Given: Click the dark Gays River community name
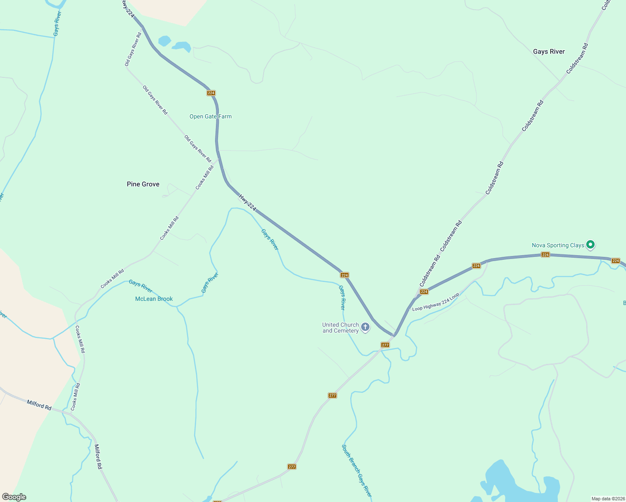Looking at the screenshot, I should (549, 51).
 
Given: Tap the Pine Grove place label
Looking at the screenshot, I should (143, 184).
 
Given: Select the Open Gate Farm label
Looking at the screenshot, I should (210, 117).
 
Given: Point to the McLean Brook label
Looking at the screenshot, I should (154, 299).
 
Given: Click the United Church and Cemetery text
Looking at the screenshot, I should (340, 328).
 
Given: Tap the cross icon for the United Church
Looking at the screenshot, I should (365, 327).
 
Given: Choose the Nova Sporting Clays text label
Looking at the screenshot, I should (558, 245).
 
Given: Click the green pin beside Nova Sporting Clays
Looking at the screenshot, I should (590, 244).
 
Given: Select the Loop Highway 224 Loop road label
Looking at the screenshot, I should (436, 302).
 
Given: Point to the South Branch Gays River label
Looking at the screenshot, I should (357, 471).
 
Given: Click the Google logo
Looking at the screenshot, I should (14, 497).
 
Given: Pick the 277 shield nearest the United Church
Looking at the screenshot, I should (385, 345).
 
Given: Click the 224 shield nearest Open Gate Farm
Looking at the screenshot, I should (211, 93).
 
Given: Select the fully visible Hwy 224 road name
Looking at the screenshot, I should (247, 202).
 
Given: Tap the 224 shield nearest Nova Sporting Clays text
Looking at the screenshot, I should (545, 254).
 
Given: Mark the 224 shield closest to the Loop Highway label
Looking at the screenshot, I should (424, 292).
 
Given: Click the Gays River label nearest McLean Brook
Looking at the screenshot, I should (141, 286).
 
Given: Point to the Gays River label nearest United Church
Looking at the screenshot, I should (342, 297).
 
